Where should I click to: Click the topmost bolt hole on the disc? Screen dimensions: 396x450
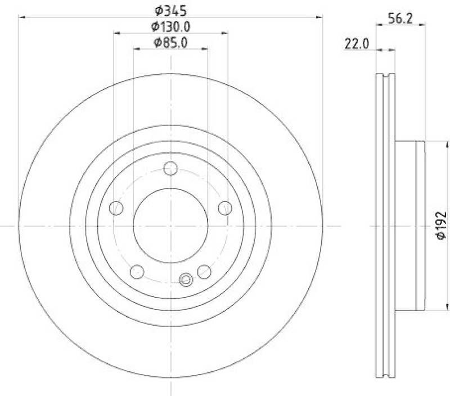pyautogui.click(x=171, y=168)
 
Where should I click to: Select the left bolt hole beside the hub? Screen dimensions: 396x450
pyautogui.click(x=116, y=208)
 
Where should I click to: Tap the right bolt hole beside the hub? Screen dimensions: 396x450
pyautogui.click(x=225, y=208)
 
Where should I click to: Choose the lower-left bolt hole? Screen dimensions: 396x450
pyautogui.click(x=137, y=272)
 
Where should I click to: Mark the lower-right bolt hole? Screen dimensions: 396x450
pyautogui.click(x=204, y=272)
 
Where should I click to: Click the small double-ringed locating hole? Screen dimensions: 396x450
pyautogui.click(x=186, y=278)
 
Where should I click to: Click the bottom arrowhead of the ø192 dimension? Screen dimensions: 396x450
pyautogui.click(x=429, y=308)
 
